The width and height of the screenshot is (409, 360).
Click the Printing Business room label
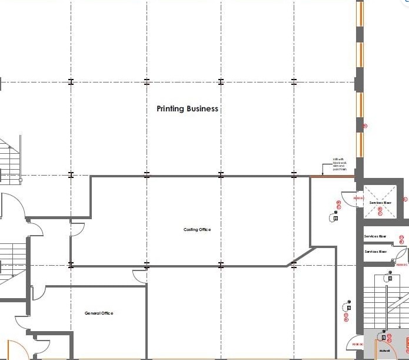pyautogui.click(x=187, y=109)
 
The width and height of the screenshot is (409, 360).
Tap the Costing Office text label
pyautogui.click(x=197, y=230)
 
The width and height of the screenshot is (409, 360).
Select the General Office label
pyautogui.click(x=98, y=313)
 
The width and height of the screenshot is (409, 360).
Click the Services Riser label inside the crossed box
pyautogui.click(x=380, y=203)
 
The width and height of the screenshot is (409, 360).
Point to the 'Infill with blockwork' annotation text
pyautogui.click(x=340, y=164)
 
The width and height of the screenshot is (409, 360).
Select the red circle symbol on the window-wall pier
pyautogui.click(x=365, y=125)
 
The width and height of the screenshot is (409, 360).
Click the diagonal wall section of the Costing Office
pyautogui.click(x=301, y=258)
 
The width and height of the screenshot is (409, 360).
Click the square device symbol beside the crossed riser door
pyautogui.click(x=335, y=219)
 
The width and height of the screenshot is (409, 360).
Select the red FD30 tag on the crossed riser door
pyautogui.click(x=358, y=199)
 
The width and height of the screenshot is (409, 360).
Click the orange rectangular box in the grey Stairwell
pyautogui.click(x=406, y=342)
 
